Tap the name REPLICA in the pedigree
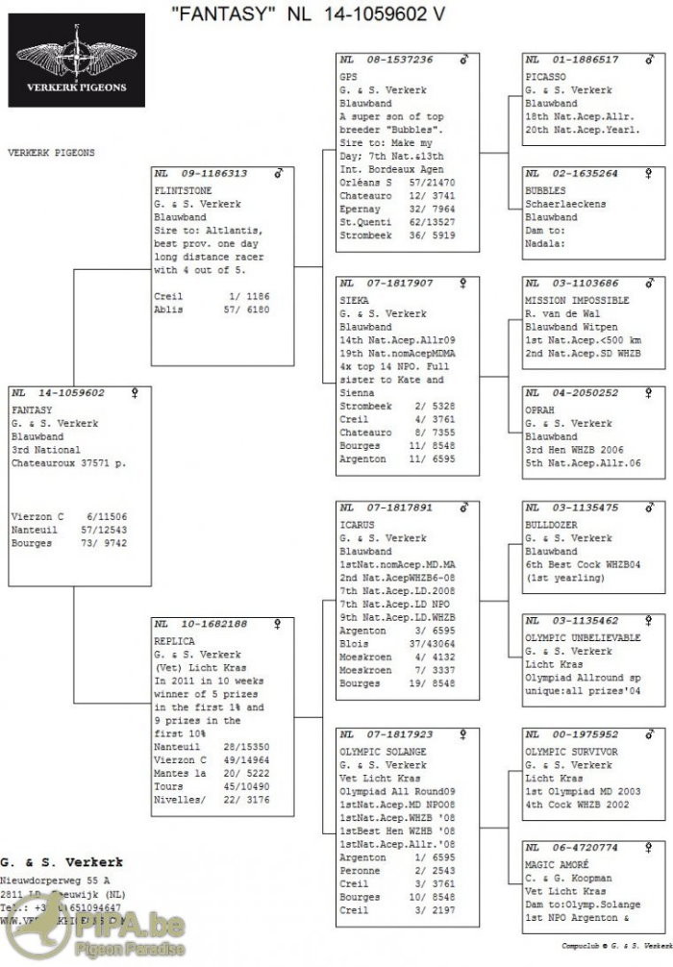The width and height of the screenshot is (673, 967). [174, 640]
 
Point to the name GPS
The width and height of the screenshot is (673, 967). [347, 76]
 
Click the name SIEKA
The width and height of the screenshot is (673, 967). [353, 300]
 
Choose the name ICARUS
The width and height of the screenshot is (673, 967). [356, 524]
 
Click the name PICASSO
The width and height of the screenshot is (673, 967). [545, 76]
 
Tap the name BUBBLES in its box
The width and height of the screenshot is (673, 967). [545, 190]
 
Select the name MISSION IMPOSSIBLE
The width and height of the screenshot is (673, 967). [577, 300]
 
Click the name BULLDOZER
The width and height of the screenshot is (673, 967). [551, 524]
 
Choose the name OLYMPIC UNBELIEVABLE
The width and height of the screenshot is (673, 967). [582, 637]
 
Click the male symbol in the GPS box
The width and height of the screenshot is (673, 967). [464, 60]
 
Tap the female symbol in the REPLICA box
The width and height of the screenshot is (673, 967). [278, 624]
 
